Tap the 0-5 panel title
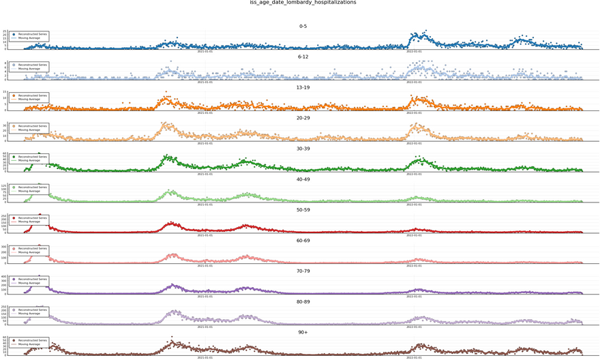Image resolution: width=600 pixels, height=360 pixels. (x=303, y=27)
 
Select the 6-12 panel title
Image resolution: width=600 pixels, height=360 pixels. (x=303, y=57)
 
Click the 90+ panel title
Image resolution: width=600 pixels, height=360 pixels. (x=303, y=333)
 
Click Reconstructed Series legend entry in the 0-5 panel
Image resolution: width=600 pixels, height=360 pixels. (x=33, y=35)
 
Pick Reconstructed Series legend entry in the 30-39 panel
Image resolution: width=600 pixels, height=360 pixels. (x=33, y=157)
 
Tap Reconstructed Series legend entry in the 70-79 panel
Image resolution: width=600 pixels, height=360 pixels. (x=33, y=280)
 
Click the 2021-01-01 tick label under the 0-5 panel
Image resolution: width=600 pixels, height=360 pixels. (x=205, y=51)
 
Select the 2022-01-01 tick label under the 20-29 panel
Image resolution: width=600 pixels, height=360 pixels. (x=414, y=143)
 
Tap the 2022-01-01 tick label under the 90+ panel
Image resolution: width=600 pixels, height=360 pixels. (x=414, y=357)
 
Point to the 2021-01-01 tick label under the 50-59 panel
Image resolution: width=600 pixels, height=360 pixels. (x=205, y=235)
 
